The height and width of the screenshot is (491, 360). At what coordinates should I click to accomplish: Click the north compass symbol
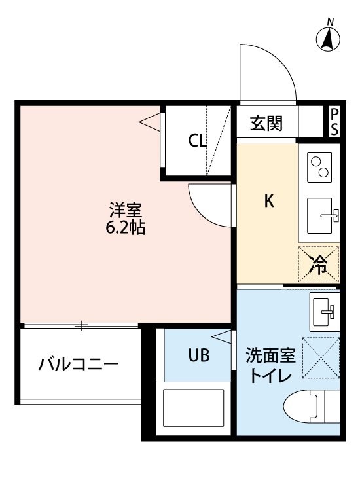click(x=328, y=37)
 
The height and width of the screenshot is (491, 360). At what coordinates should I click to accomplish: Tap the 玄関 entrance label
click(x=266, y=123)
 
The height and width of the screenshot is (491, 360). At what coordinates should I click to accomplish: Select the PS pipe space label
click(x=334, y=122)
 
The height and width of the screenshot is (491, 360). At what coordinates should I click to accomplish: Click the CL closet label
click(x=197, y=140)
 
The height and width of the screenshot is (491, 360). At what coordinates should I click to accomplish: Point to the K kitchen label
click(x=269, y=201)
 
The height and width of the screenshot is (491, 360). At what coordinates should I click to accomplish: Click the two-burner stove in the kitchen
click(x=319, y=167)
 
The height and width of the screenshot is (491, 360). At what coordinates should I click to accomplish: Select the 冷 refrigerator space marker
click(x=318, y=264)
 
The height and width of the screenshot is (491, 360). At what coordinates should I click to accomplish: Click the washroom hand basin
click(x=324, y=312)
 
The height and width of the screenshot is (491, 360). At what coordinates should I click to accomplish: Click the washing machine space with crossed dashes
click(x=321, y=357)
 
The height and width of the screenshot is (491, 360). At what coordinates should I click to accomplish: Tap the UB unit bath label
click(x=199, y=355)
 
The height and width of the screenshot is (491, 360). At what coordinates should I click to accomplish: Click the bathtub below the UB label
click(x=194, y=408)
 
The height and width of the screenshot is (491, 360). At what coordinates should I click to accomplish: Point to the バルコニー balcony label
click(x=79, y=365)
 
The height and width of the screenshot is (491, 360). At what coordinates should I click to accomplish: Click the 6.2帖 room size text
click(x=125, y=228)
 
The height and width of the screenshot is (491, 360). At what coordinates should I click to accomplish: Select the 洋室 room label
click(x=126, y=210)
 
